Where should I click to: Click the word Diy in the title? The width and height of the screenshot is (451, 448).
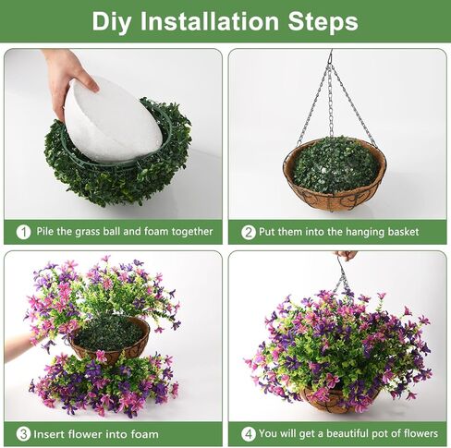point(113,21)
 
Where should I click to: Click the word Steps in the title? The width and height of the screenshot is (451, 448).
point(320,21)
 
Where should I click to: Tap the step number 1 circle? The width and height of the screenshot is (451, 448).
point(23,232)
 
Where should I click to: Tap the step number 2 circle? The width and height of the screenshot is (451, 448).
point(248,232)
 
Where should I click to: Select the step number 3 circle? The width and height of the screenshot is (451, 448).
point(23,433)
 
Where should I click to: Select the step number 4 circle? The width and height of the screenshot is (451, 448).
point(248,433)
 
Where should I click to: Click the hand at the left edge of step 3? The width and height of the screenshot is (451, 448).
point(17,346)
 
